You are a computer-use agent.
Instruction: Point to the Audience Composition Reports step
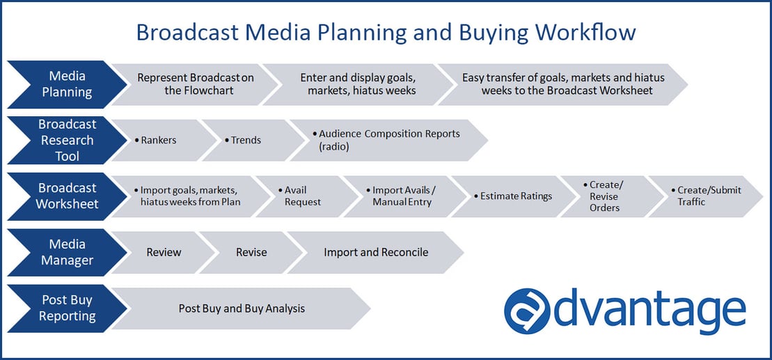[x=386, y=140]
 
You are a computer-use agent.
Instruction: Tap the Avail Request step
[x=303, y=196]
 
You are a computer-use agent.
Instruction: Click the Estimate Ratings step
[x=515, y=196]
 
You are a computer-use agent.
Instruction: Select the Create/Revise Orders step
[x=604, y=196]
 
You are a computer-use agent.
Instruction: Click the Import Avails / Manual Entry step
[x=404, y=196]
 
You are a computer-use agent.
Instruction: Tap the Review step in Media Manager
[x=164, y=252]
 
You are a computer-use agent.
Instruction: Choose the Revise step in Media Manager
[x=251, y=252]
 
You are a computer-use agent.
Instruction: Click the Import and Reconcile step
[x=376, y=252]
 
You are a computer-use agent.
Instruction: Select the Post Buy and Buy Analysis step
[x=242, y=308]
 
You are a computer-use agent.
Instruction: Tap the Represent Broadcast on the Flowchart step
[x=195, y=84]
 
